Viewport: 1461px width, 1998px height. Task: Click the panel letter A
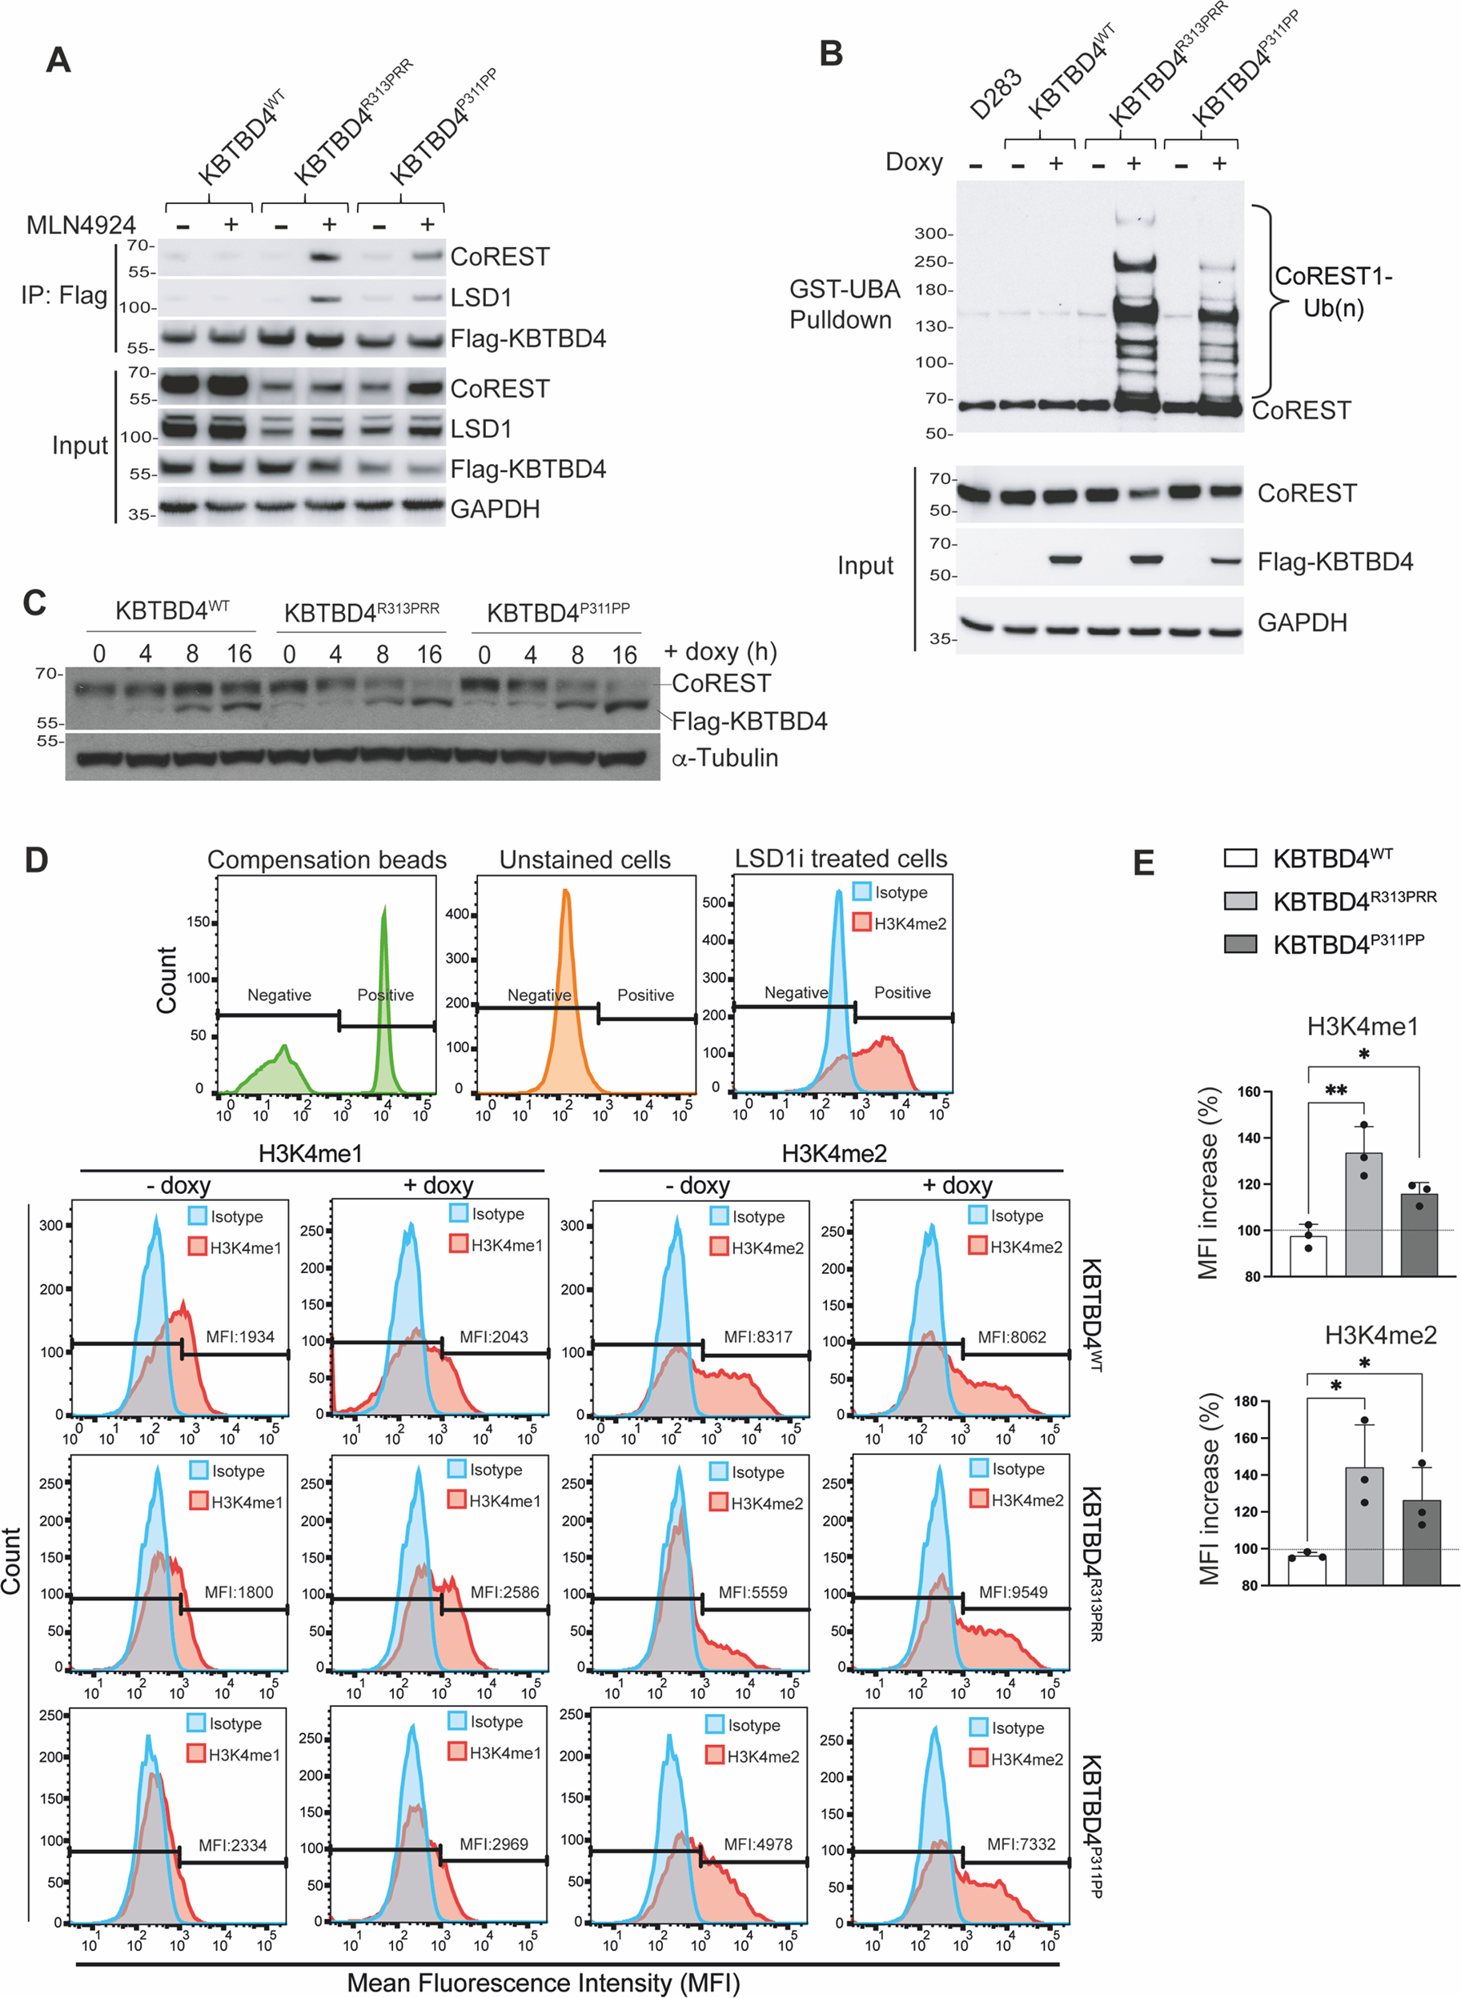tap(58, 60)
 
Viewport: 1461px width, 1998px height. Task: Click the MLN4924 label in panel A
tap(81, 225)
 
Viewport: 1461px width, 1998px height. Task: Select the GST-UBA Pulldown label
tap(844, 304)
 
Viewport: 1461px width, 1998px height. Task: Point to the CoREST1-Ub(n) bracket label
tap(1333, 293)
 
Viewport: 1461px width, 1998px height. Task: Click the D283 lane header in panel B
tap(994, 94)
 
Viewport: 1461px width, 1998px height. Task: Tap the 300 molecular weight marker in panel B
tap(931, 234)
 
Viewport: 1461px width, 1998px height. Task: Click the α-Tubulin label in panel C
tap(724, 758)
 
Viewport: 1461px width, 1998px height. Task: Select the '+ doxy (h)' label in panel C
tap(720, 651)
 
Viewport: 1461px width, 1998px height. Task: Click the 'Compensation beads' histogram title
tap(327, 859)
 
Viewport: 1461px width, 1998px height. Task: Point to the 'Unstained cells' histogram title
tap(584, 859)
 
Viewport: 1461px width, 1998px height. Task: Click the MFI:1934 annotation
tap(239, 1337)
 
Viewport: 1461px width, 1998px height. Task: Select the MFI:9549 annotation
tap(1013, 1592)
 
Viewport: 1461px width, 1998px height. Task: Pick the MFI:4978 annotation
tap(758, 1844)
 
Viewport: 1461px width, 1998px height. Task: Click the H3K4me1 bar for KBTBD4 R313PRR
tap(1363, 1215)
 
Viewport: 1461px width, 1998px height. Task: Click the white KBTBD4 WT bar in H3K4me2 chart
tap(1306, 1569)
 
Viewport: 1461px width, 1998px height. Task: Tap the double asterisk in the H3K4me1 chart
tap(1335, 1090)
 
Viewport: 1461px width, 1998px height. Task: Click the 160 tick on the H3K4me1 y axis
tap(1249, 1092)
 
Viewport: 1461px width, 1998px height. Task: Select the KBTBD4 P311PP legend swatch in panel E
tap(1240, 944)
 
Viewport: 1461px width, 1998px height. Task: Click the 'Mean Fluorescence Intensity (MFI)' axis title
tap(543, 1983)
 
